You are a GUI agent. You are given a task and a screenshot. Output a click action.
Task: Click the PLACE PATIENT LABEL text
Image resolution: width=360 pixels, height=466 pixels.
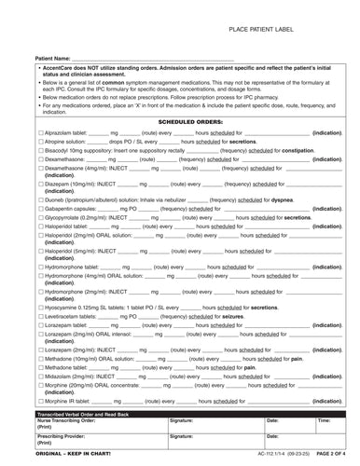pos(266,31)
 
